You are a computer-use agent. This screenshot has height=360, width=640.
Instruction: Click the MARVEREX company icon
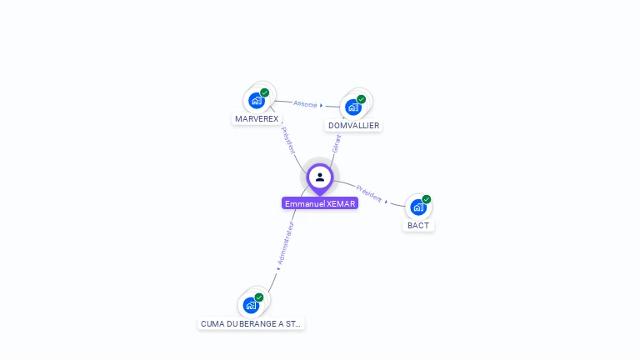(257, 101)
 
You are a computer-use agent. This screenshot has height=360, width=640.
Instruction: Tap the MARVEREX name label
(257, 119)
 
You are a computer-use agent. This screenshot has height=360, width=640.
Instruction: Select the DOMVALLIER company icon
(353, 107)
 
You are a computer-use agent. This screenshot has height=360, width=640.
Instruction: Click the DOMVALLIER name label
(353, 126)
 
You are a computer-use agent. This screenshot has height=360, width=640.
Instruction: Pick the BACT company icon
(418, 207)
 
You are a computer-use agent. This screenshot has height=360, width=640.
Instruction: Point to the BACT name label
(418, 226)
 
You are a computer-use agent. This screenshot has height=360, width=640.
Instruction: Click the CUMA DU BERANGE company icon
(251, 305)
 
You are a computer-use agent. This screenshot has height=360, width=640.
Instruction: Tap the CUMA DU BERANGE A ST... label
(251, 323)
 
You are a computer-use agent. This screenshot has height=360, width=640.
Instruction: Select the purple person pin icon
(320, 177)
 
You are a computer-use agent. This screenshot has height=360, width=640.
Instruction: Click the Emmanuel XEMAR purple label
(320, 203)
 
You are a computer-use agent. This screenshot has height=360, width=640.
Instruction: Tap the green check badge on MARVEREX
(265, 92)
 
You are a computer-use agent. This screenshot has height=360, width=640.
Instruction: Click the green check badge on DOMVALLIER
(362, 98)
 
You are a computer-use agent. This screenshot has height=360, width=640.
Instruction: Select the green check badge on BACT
(427, 199)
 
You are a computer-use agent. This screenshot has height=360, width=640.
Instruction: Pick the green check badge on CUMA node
(259, 297)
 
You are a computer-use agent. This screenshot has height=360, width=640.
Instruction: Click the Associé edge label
(306, 104)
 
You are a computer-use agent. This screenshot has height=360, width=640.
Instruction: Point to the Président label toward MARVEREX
(287, 140)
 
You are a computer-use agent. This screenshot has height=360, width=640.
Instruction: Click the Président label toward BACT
(369, 193)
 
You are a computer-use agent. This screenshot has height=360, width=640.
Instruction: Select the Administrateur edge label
(285, 244)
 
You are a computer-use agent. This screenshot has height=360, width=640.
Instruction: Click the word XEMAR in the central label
(342, 203)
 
